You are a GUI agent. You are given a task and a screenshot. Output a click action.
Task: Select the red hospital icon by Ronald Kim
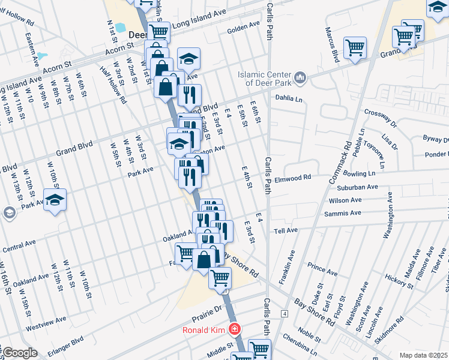point(234,329)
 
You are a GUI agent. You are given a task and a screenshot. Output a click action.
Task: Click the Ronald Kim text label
point(205,329)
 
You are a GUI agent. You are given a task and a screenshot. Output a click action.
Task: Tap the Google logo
point(19,353)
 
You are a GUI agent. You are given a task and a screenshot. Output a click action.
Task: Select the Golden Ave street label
point(243,26)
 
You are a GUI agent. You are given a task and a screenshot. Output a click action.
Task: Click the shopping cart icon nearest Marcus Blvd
point(355,47)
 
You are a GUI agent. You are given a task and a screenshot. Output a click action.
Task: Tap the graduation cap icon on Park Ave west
point(55,200)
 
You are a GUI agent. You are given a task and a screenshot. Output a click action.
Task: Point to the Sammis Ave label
point(343,213)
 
